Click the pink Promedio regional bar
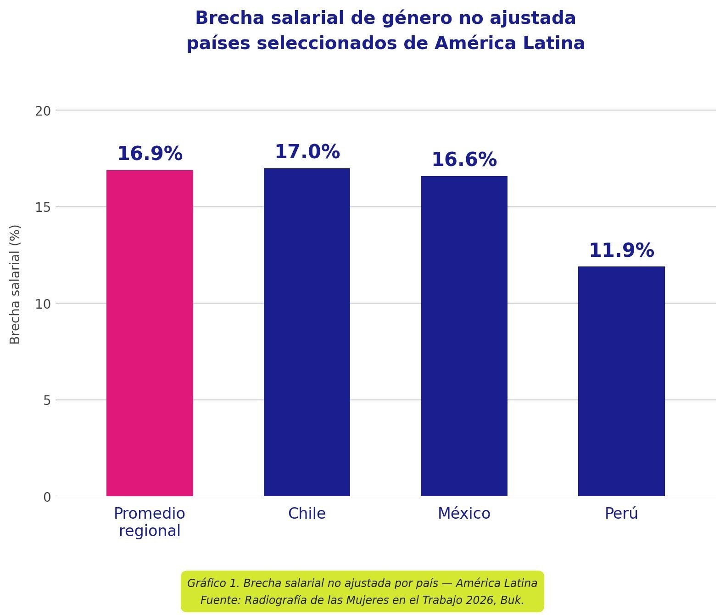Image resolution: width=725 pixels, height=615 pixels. pyautogui.click(x=150, y=333)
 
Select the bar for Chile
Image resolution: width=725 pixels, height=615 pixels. pyautogui.click(x=307, y=332)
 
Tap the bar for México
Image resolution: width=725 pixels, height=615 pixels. pyautogui.click(x=464, y=336)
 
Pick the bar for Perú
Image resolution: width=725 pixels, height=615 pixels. pyautogui.click(x=621, y=381)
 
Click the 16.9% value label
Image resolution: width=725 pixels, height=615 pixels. pyautogui.click(x=150, y=154)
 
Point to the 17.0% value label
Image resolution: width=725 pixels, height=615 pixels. pyautogui.click(x=307, y=152)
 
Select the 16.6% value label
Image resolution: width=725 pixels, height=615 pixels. pyautogui.click(x=464, y=160)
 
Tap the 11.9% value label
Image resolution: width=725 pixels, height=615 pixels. pyautogui.click(x=621, y=251)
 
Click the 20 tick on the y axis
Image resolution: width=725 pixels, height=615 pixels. pyautogui.click(x=43, y=111)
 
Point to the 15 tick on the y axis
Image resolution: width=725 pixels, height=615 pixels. pyautogui.click(x=43, y=207)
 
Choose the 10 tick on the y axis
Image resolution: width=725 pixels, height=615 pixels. pyautogui.click(x=43, y=304)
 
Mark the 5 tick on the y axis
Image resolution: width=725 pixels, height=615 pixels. pyautogui.click(x=47, y=400)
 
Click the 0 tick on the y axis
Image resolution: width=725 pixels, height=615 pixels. pyautogui.click(x=47, y=497)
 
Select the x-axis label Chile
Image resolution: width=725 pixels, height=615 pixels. pyautogui.click(x=307, y=514)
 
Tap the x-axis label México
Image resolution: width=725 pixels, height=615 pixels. pyautogui.click(x=464, y=514)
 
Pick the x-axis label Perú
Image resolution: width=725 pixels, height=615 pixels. pyautogui.click(x=621, y=514)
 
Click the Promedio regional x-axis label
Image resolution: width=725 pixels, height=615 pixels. pyautogui.click(x=150, y=522)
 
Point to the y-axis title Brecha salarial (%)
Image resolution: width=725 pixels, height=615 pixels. pyautogui.click(x=15, y=284)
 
